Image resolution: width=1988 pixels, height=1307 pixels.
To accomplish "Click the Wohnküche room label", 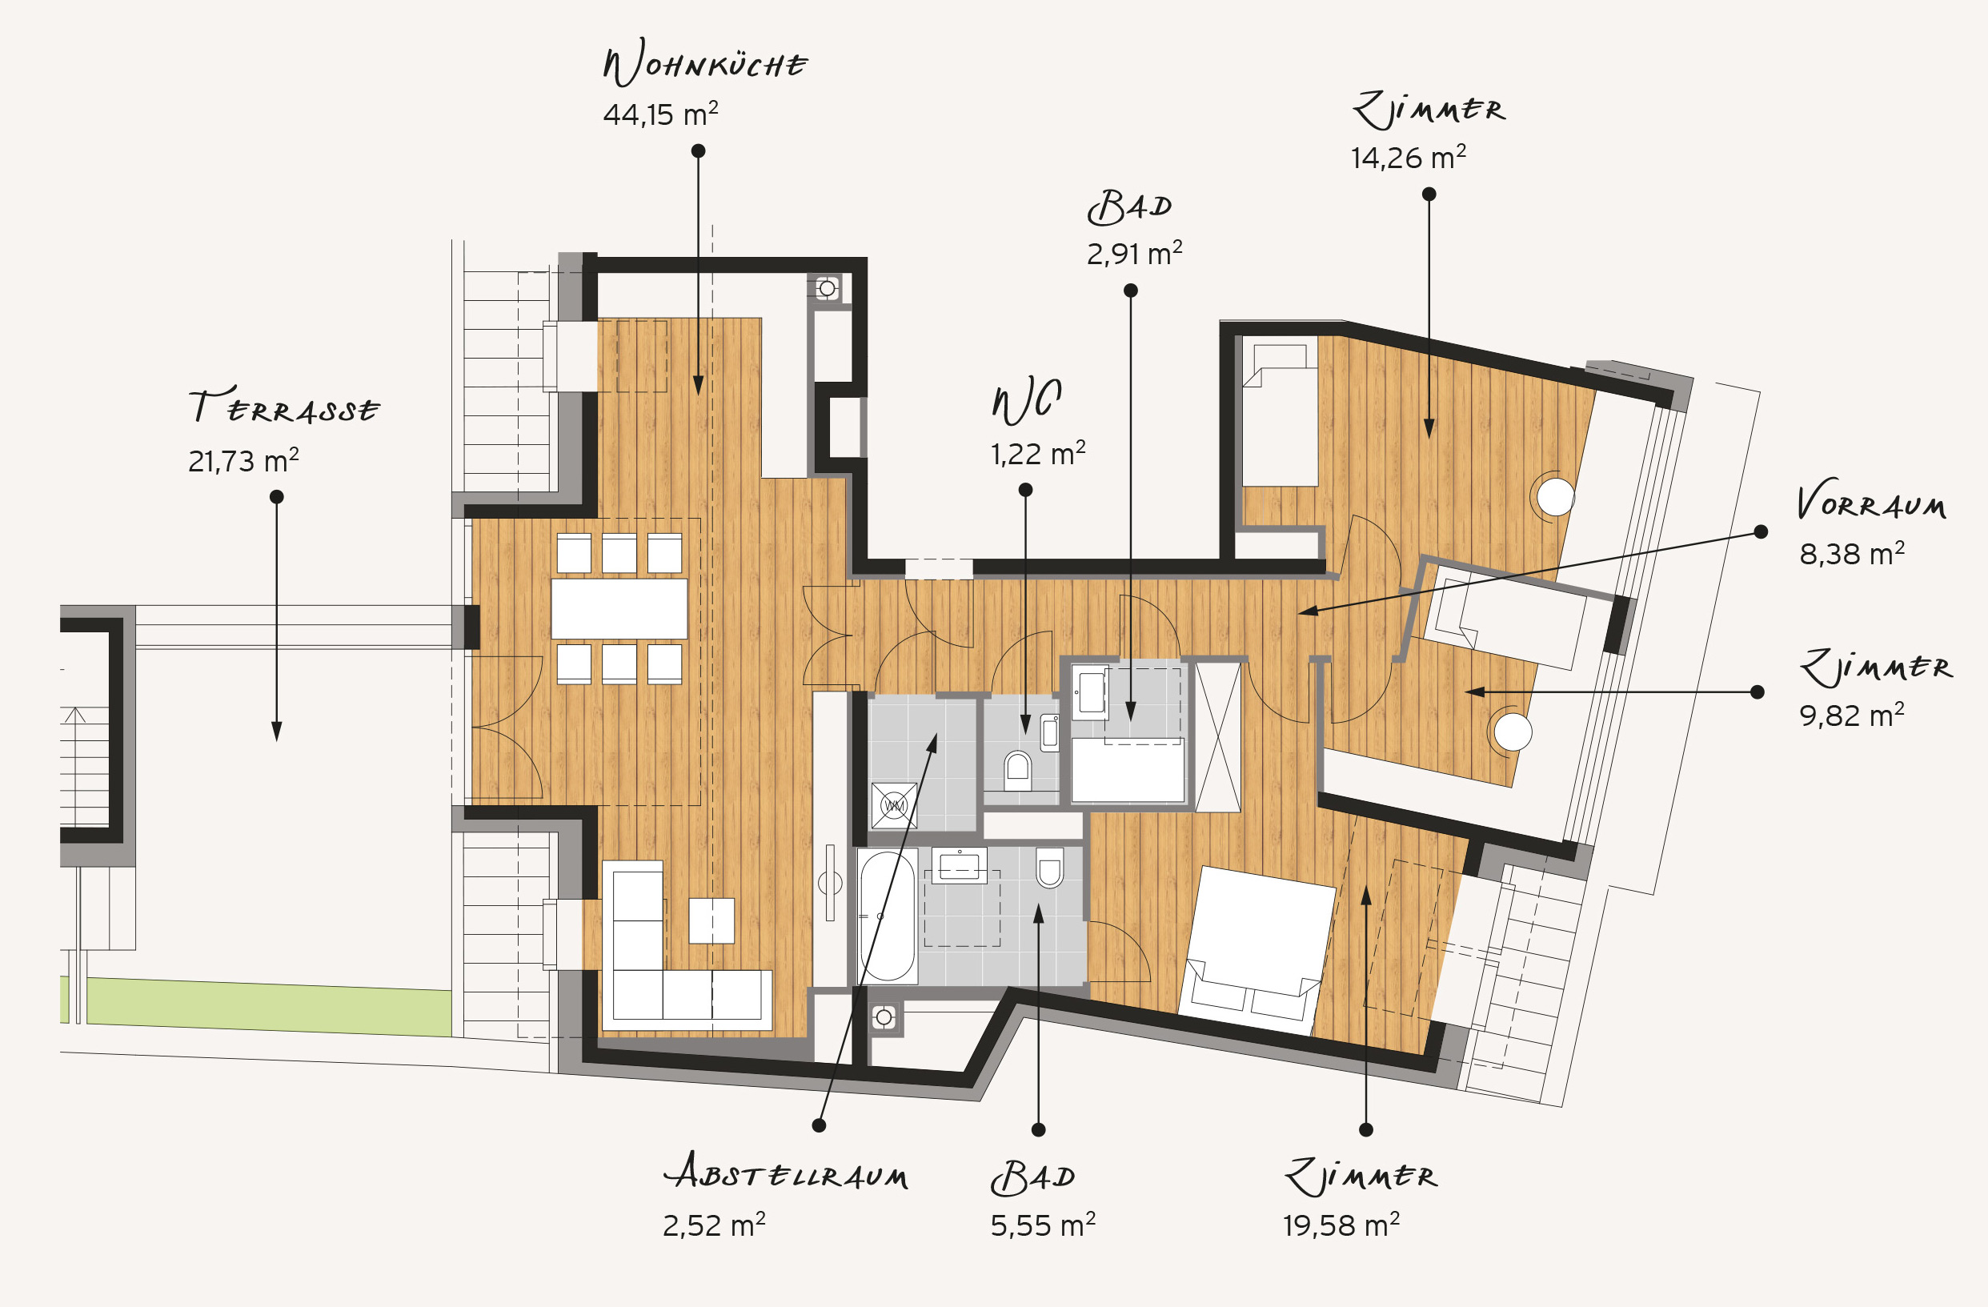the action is click(705, 62).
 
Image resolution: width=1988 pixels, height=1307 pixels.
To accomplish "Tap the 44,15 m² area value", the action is click(661, 114).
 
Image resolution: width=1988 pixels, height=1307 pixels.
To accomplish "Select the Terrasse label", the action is click(284, 406).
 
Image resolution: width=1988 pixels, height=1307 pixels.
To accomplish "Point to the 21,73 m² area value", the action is click(243, 460).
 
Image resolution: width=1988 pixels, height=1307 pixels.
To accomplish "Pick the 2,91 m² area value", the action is click(1134, 253).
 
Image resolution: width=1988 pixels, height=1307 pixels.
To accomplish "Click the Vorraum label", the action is click(1872, 501).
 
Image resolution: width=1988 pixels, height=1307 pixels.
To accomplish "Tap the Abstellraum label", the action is click(786, 1173).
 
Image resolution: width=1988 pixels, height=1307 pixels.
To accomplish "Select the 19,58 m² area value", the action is click(1341, 1225).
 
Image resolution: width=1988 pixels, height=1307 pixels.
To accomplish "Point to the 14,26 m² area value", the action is click(1409, 157).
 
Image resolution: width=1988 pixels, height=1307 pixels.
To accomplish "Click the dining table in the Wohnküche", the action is click(619, 609).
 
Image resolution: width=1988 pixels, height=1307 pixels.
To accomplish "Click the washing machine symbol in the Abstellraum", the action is click(894, 806).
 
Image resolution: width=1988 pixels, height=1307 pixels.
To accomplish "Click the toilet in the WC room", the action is click(1017, 769).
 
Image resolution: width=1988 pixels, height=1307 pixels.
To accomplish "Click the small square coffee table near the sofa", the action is click(711, 920).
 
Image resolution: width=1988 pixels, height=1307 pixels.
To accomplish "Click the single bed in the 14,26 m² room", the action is click(1280, 411).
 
